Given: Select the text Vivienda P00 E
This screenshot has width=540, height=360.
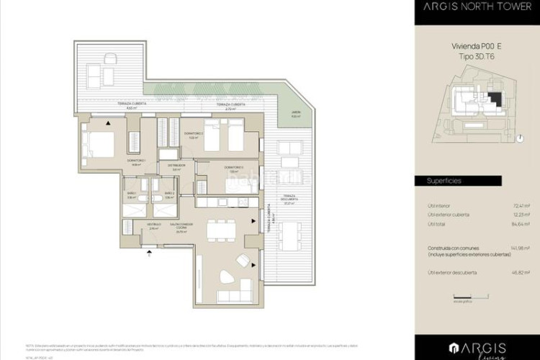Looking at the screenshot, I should pos(477,46).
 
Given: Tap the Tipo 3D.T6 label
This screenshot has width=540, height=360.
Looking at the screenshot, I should pos(477,55).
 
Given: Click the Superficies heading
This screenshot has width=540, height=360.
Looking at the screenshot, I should pos(444,181).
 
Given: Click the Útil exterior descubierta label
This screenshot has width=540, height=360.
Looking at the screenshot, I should pos(453,272).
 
